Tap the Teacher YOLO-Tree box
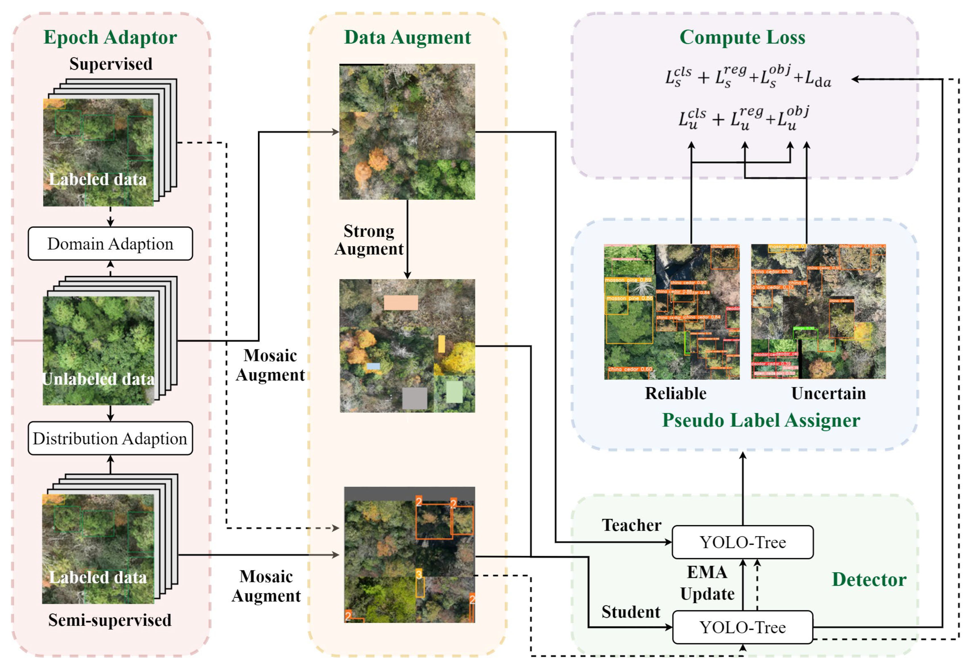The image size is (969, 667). tap(742, 542)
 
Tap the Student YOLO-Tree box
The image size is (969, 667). tap(742, 627)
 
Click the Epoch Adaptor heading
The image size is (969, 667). tap(110, 37)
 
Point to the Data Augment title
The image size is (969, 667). tap(407, 37)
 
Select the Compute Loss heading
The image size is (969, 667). tap(742, 37)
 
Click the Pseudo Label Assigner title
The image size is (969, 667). tap(761, 420)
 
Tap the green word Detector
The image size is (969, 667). tap(869, 580)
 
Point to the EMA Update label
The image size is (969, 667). tap(707, 583)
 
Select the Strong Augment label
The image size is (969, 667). tap(369, 240)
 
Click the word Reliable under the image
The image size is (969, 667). tap(675, 393)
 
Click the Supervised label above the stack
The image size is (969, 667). tap(111, 64)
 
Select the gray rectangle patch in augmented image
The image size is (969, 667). tap(414, 398)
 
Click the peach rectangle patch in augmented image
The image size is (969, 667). tap(400, 302)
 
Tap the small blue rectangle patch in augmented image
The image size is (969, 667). tap(373, 366)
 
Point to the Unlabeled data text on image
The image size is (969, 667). tap(99, 379)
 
